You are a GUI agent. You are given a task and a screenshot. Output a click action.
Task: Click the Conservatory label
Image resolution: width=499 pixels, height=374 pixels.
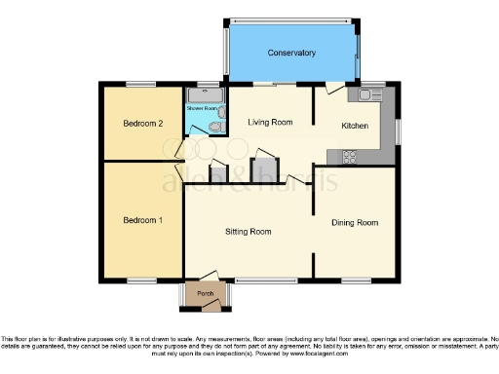pos(291,53)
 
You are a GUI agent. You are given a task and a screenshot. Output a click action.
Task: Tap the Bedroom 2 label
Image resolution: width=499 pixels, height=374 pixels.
pos(141,124)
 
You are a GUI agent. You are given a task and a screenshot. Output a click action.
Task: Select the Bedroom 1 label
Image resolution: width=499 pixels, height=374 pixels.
pos(141,220)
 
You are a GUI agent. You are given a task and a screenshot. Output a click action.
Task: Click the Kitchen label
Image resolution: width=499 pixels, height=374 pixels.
pos(354,127)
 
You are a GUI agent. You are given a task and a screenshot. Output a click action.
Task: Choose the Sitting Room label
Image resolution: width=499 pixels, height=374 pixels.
pos(248,232)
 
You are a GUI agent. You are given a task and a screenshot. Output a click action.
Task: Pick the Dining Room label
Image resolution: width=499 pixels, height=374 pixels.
pos(354,223)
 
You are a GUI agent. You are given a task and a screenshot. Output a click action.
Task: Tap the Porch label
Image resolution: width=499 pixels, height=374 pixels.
pos(206,292)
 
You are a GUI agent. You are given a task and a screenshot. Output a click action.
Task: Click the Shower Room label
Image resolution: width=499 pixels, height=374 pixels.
pos(205,109)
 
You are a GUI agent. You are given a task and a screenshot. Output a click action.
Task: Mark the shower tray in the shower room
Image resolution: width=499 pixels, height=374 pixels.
pos(206,95)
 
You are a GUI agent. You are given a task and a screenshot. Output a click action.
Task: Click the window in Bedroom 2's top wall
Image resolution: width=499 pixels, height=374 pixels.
pos(142,85)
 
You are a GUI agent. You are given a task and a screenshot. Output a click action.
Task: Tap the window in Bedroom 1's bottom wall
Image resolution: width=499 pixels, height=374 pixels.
pos(142,280)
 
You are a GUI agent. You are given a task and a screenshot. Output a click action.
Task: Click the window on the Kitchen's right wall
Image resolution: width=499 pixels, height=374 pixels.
pos(396,130)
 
